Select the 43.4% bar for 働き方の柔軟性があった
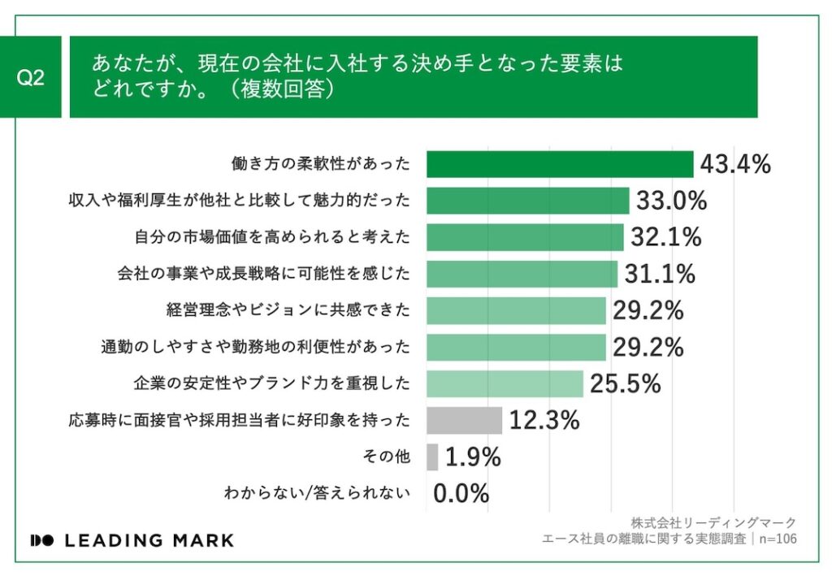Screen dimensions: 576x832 pyautogui.click(x=560, y=164)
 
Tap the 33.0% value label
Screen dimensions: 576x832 pyautogui.click(x=672, y=201)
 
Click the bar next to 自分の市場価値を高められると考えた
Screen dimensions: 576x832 pyautogui.click(x=525, y=237)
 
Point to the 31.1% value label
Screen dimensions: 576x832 pyautogui.click(x=660, y=274)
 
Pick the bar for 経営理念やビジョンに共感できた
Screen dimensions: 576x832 pyautogui.click(x=516, y=310)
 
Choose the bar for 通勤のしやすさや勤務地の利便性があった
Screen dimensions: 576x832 pyautogui.click(x=516, y=347)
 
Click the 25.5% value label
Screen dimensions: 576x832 pyautogui.click(x=626, y=383)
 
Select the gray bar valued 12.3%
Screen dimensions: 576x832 pyautogui.click(x=464, y=420)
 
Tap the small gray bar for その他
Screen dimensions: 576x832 pyautogui.click(x=432, y=457)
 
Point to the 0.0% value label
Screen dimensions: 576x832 pyautogui.click(x=461, y=493)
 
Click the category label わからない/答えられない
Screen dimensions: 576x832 pyautogui.click(x=316, y=493)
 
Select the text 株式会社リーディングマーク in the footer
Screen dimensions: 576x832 pyautogui.click(x=713, y=522)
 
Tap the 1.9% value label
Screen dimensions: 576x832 pyautogui.click(x=473, y=457)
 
